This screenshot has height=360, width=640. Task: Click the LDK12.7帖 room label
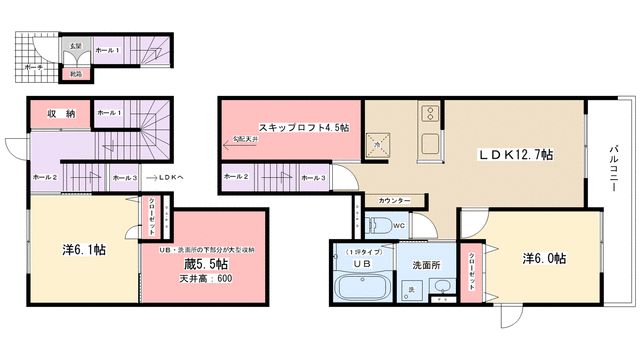[x=516, y=155]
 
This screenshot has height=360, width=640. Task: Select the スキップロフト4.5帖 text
[x=302, y=127]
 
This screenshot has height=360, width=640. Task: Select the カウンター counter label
[x=393, y=200]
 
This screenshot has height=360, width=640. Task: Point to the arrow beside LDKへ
[x=150, y=177]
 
